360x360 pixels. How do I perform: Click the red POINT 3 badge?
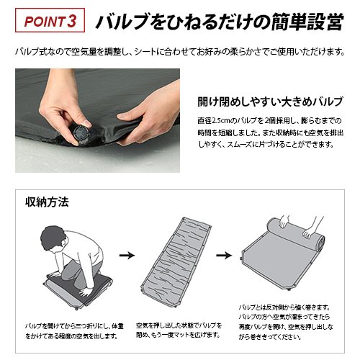pyautogui.click(x=50, y=20)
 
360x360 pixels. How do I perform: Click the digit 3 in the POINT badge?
pyautogui.click(x=72, y=21)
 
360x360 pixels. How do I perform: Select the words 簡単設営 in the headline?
pyautogui.click(x=308, y=21)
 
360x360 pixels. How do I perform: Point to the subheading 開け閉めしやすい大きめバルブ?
pyautogui.click(x=270, y=102)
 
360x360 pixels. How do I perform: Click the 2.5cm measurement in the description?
pyautogui.click(x=221, y=120)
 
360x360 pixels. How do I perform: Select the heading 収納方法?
pyautogui.click(x=47, y=202)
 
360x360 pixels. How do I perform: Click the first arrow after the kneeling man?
pyautogui.click(x=127, y=255)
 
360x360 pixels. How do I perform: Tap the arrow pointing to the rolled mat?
pyautogui.click(x=224, y=255)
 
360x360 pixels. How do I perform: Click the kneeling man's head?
pyautogui.click(x=53, y=238)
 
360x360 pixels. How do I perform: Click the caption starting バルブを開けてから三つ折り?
pyautogui.click(x=74, y=331)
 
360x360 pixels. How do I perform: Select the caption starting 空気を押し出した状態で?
pyautogui.click(x=179, y=330)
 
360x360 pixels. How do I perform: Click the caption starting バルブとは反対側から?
pyautogui.click(x=286, y=323)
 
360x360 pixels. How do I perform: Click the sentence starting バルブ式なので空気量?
pyautogui.click(x=180, y=52)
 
